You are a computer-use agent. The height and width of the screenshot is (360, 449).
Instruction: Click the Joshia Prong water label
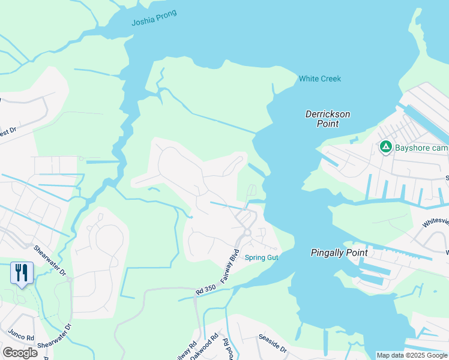click(x=154, y=18)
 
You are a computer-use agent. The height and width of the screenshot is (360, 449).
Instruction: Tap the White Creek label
click(x=320, y=79)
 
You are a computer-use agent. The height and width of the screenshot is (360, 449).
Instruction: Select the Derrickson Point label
click(x=327, y=119)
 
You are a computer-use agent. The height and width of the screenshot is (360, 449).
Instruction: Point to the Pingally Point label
click(x=339, y=253)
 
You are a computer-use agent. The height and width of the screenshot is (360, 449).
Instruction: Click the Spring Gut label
click(x=262, y=257)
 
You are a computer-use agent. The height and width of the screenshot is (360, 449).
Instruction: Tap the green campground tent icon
click(x=385, y=146)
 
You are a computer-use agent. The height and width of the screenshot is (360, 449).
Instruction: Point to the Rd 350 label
click(x=205, y=290)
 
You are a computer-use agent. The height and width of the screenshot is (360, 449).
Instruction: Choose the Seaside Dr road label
click(x=273, y=345)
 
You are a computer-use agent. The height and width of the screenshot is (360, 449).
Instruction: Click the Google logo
click(x=20, y=353)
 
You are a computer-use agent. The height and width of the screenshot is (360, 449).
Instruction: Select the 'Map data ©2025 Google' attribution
click(x=411, y=355)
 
